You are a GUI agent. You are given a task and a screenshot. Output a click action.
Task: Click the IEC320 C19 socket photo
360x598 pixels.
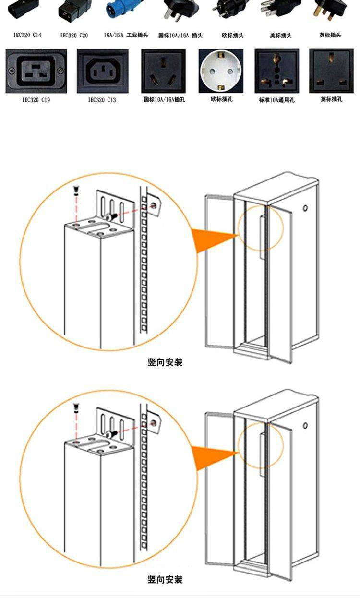[36, 71]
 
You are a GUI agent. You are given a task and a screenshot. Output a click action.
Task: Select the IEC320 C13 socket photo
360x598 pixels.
[102, 71]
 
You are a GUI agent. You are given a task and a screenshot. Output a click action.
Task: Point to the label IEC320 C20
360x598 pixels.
[74, 36]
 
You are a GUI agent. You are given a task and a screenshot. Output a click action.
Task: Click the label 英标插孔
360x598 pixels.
[332, 99]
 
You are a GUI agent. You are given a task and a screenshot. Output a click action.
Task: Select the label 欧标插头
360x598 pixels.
[233, 36]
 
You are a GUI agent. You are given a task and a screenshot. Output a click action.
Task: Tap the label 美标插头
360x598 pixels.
[281, 36]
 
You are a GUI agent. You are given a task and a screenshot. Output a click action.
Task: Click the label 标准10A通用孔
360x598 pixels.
[277, 100]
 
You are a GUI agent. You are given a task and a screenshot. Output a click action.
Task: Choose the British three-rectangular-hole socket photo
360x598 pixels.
[332, 71]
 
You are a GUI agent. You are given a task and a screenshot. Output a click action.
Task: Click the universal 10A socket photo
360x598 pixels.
[277, 71]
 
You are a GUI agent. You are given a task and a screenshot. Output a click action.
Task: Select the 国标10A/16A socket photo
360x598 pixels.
[163, 71]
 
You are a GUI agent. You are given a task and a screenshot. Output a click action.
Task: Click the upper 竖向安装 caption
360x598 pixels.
[165, 362]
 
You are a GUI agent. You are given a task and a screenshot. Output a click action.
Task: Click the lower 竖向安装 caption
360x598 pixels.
[165, 580]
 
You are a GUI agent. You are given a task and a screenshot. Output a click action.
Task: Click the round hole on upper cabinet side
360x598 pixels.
[305, 209]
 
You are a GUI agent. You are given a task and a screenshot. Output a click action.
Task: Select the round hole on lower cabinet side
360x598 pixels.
[305, 426]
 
